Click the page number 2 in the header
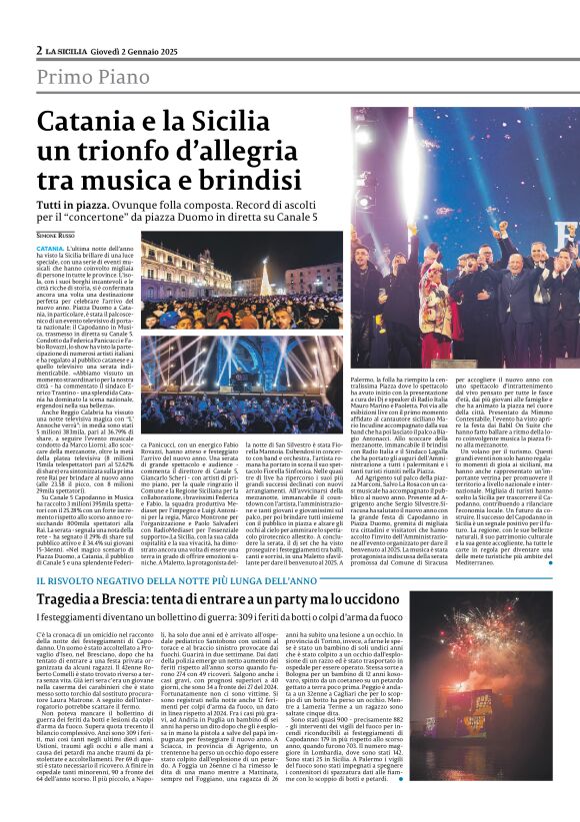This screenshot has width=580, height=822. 39,50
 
